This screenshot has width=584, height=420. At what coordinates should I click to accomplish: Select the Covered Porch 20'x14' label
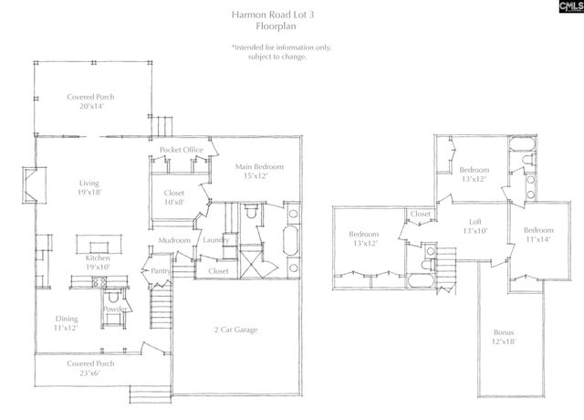[91, 101]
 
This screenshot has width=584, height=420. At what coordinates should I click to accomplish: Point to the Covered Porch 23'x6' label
[89, 368]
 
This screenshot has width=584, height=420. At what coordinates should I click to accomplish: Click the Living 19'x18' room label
[89, 188]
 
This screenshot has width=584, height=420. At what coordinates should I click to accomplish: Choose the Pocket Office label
[181, 150]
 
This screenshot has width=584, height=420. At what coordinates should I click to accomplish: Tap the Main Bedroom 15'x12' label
[259, 172]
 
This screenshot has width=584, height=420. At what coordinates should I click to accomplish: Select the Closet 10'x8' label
[174, 198]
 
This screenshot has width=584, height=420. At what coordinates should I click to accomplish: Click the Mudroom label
[173, 240]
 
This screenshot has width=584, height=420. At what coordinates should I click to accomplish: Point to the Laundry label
[215, 240]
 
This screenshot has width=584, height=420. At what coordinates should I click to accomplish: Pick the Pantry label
[162, 270]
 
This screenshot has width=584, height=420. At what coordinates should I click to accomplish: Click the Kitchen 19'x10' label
[99, 264]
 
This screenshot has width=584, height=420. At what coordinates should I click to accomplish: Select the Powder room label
[115, 309]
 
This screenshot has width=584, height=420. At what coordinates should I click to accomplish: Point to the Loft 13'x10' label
[474, 226]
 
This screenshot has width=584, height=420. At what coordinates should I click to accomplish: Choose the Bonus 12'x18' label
[504, 336]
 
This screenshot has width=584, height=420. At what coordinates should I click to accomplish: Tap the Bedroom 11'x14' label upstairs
[538, 235]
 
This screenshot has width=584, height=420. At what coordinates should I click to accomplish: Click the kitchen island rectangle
[97, 243]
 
